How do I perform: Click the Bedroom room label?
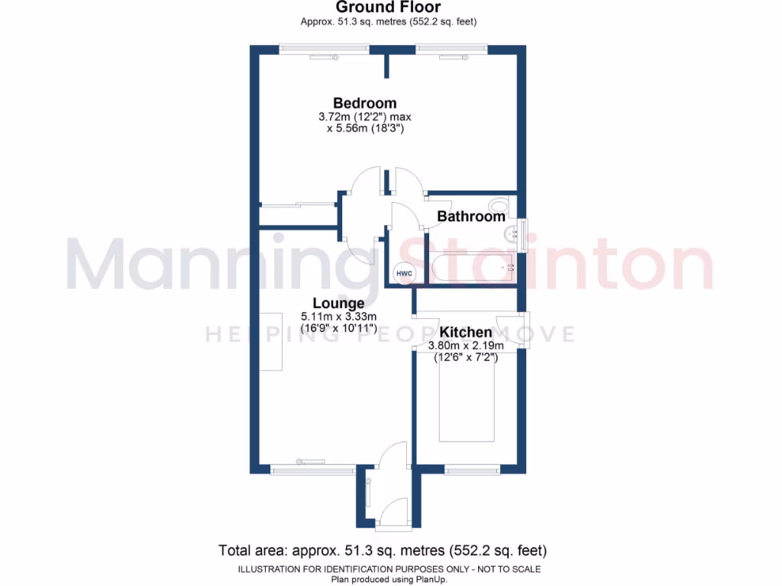tap(364, 103)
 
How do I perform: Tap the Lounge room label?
tap(338, 303)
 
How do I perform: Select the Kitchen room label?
tap(466, 333)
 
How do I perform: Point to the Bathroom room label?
tap(470, 217)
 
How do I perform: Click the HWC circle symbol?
tap(403, 273)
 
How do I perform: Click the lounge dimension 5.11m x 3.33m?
tap(339, 317)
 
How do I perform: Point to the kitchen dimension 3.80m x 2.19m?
tap(466, 346)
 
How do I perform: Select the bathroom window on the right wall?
tap(523, 230)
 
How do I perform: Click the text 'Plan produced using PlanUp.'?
tap(389, 579)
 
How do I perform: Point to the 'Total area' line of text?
tap(383, 550)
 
